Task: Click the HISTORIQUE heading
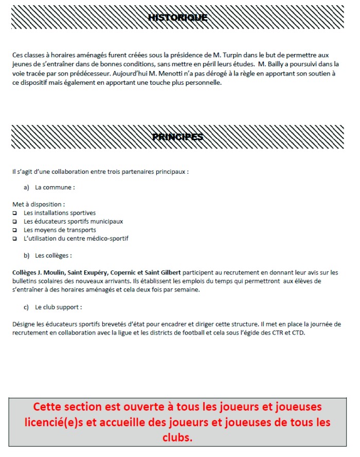[x=177, y=18]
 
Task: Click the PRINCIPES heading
[x=177, y=137]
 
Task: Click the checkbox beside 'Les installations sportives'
[x=15, y=213]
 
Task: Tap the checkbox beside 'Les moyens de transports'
[x=15, y=230]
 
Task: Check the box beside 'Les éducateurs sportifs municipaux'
[x=15, y=222]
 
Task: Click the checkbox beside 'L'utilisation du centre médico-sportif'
[x=15, y=239]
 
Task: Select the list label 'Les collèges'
[x=53, y=255]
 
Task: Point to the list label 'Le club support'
[x=58, y=307]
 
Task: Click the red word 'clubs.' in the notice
[x=177, y=437]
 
